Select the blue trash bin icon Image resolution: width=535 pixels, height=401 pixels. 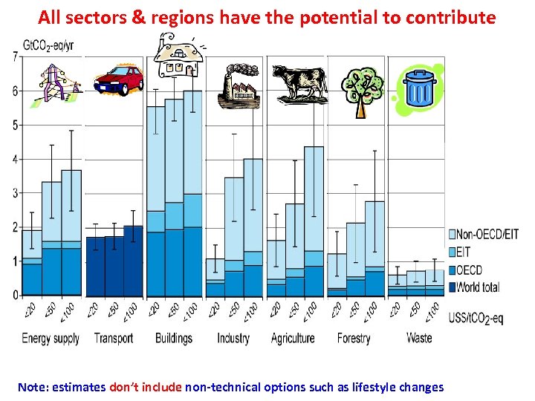click(420, 90)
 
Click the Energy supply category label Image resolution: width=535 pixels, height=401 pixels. click(51, 339)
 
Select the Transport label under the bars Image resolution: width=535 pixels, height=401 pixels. click(114, 339)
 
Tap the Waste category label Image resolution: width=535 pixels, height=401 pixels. click(419, 339)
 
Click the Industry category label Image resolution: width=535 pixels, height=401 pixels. click(233, 339)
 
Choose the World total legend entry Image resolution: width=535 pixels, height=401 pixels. click(479, 287)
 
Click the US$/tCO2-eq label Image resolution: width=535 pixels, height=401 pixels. click(476, 319)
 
